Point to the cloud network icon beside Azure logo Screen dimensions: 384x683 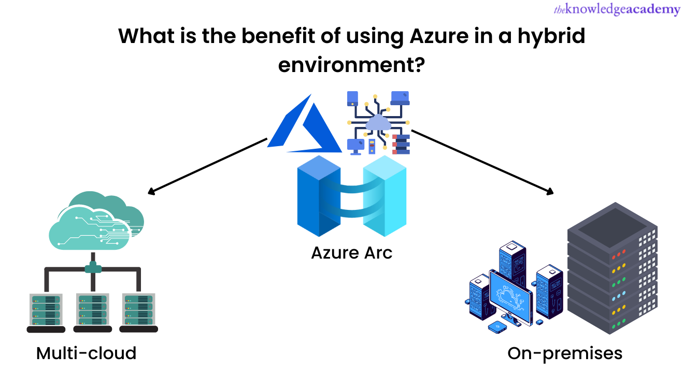click(378, 123)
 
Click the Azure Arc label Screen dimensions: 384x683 click(351, 253)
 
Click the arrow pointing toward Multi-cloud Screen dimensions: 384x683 click(207, 166)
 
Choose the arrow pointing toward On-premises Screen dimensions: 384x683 click(482, 161)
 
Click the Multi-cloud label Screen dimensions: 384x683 click(86, 353)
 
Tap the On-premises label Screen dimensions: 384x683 click(564, 353)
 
